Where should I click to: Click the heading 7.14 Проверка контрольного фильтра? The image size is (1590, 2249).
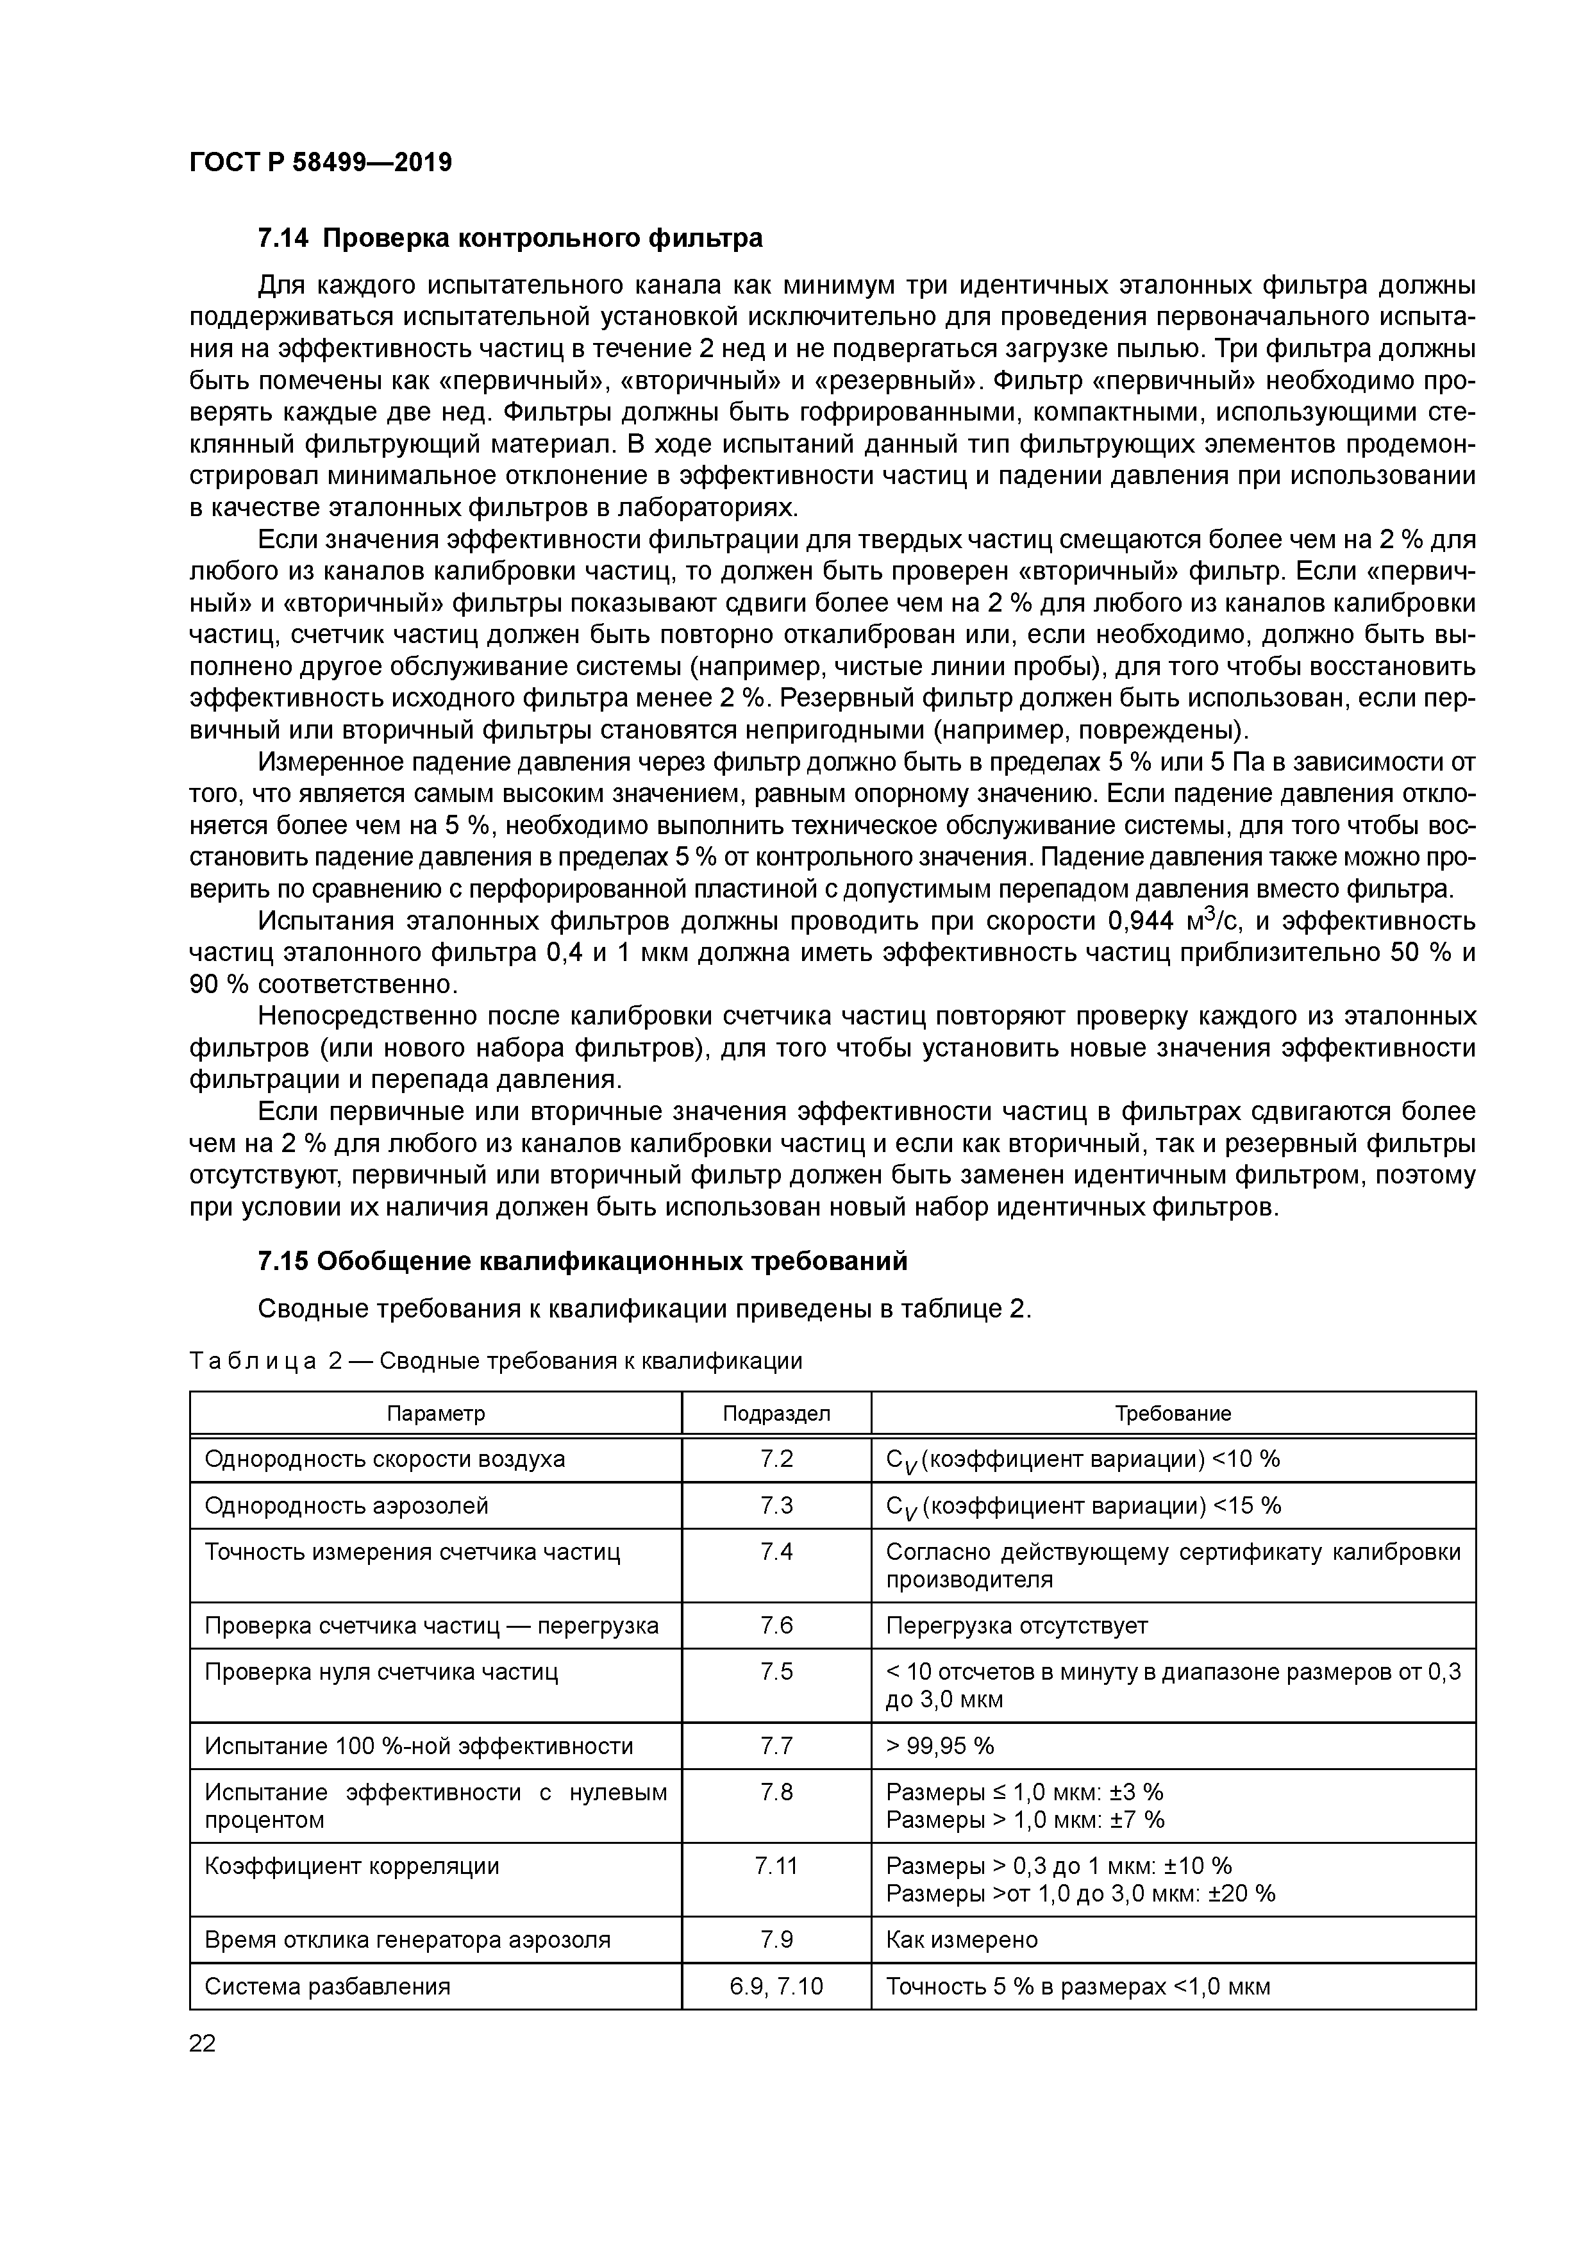(510, 238)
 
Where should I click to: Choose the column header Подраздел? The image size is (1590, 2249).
(776, 1414)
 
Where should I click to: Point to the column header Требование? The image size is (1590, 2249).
(1173, 1414)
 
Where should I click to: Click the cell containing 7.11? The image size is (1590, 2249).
(776, 1866)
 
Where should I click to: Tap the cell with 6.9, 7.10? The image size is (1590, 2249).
(776, 1987)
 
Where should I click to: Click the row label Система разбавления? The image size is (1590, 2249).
(327, 1987)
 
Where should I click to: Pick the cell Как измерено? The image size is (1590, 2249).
(961, 1941)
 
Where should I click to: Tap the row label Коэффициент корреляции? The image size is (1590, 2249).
(352, 1866)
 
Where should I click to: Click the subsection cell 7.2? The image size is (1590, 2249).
(776, 1460)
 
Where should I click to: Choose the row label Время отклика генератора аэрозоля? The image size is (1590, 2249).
(406, 1941)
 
